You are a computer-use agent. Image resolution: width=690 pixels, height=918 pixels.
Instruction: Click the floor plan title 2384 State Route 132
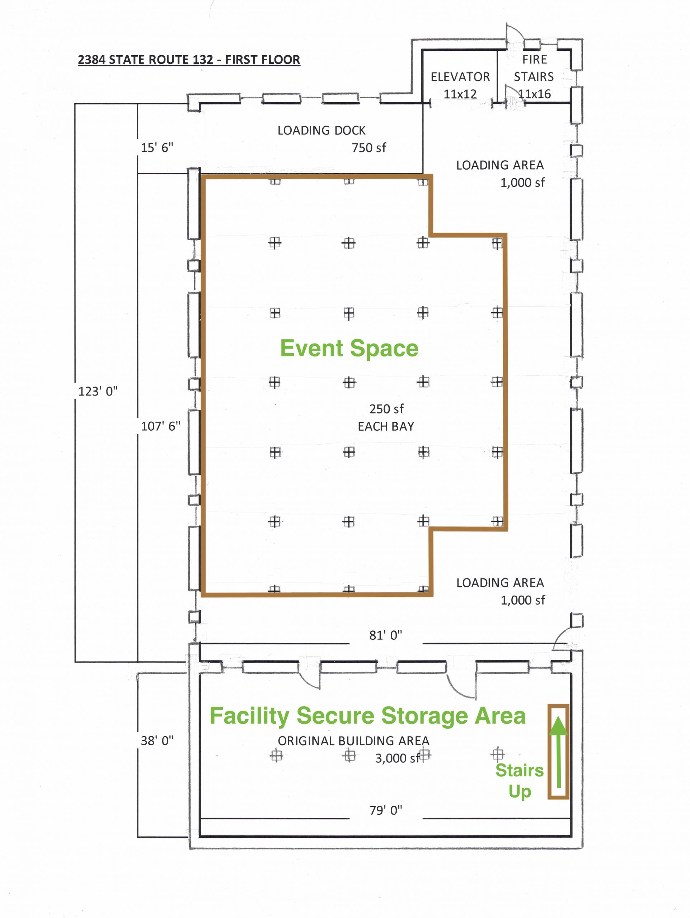coord(189,60)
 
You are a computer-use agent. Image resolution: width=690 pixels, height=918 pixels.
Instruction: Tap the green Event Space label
coord(349,348)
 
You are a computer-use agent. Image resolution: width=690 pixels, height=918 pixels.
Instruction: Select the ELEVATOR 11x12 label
coord(460,85)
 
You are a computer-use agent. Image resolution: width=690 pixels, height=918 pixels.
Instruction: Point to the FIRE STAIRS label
coord(534,68)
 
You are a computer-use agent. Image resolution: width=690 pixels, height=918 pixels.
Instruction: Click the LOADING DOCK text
coord(322,130)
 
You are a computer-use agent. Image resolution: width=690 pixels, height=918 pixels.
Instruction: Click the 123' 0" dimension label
coord(98,391)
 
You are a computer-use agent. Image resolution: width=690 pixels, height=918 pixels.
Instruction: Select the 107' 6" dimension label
coord(160,426)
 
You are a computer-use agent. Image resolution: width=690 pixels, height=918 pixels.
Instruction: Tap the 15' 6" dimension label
coord(157,147)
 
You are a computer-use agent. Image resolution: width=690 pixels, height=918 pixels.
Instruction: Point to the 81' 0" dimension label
coord(386,635)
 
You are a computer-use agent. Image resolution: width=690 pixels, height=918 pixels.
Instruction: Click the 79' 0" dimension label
coord(386,810)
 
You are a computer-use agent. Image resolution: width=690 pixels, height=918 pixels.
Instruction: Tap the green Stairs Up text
coord(519,781)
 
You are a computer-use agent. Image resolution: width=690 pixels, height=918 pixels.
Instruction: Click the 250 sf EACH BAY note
coord(386,417)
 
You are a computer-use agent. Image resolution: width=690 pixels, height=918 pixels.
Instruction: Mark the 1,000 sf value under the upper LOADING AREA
coord(523,183)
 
